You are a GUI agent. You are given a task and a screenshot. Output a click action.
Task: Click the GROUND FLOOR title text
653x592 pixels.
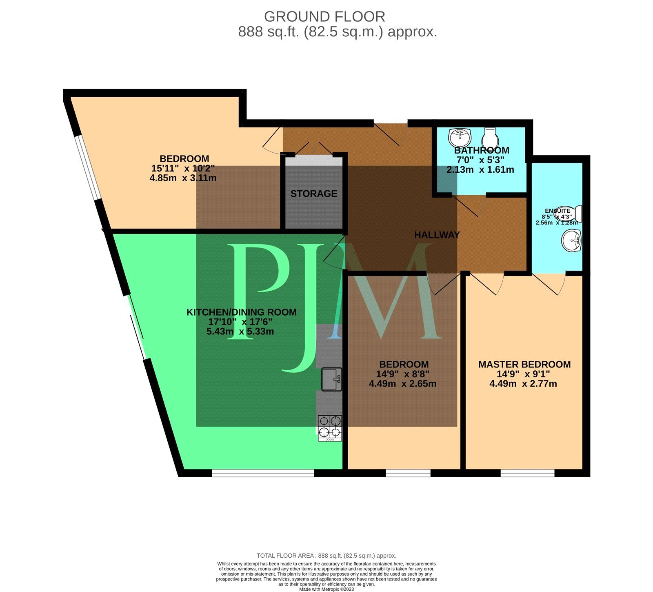[324, 17]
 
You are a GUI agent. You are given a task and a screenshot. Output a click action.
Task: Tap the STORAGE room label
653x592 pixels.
[313, 194]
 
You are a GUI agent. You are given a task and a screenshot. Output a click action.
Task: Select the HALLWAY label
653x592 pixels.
[437, 235]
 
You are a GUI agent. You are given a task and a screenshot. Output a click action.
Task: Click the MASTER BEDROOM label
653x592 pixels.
[524, 364]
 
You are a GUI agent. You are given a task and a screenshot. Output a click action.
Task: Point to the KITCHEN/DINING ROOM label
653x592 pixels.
[241, 312]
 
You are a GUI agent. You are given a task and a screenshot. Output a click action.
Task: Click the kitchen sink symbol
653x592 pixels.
[331, 379]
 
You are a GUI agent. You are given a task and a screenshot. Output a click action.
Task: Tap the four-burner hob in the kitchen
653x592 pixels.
[330, 427]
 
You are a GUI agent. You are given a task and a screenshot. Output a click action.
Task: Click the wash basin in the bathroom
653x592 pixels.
[460, 137]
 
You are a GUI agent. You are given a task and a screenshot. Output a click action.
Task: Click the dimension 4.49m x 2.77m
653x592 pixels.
[523, 384]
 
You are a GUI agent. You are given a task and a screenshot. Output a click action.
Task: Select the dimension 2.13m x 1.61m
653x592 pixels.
[480, 169]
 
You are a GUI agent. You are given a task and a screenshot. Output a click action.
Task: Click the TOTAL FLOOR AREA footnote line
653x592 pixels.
[326, 556]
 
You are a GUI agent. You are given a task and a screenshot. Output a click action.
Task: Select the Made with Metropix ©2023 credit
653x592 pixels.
[326, 589]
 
